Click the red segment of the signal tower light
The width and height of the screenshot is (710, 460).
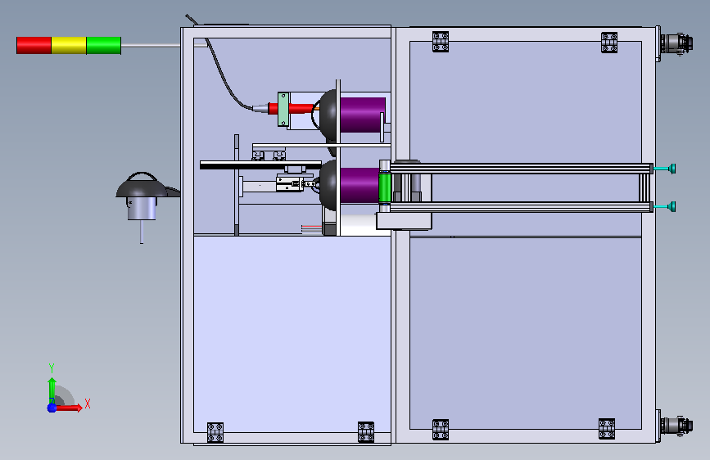34,45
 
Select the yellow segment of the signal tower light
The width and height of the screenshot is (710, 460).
69,45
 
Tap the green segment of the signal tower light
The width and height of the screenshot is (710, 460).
104,45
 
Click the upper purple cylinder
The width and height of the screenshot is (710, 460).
363,115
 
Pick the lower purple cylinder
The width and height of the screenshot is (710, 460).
360,185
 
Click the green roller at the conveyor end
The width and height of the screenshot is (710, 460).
385,187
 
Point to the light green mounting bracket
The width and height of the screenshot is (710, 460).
283,109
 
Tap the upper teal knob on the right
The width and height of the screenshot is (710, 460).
671,169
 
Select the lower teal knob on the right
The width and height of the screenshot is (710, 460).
671,206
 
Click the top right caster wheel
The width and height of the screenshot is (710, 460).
676,43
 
